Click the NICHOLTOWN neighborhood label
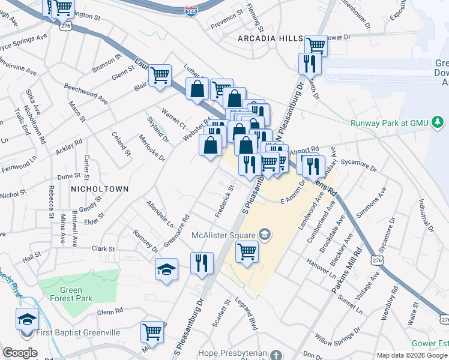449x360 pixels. click(100, 188)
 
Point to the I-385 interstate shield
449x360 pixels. click(191, 10)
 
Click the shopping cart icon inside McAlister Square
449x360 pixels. click(247, 251)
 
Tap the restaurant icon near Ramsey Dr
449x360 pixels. click(202, 262)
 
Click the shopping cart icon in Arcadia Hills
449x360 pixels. click(315, 44)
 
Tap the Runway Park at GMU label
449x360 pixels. click(390, 123)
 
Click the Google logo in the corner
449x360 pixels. click(20, 353)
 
